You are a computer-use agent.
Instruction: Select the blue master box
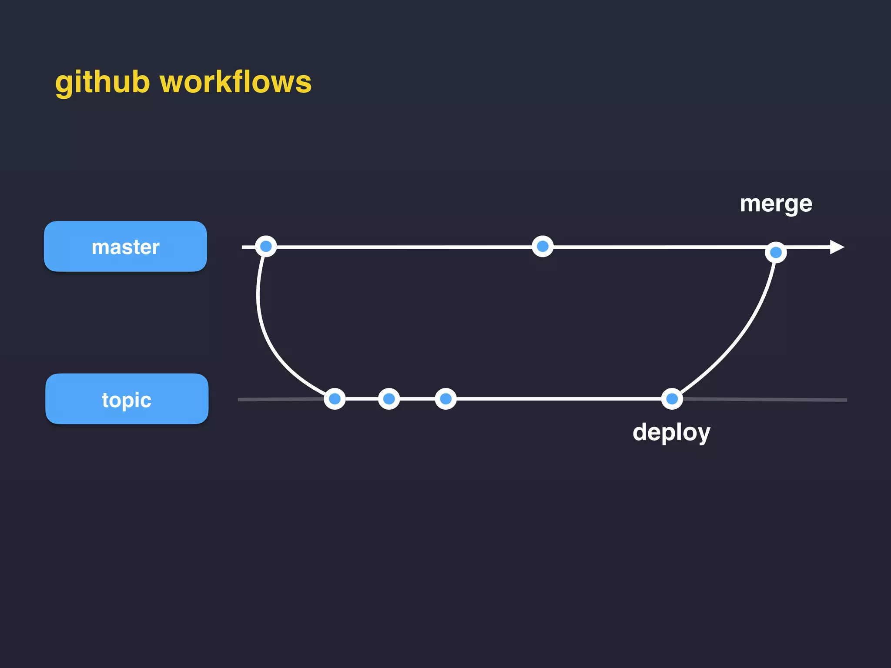tap(125, 247)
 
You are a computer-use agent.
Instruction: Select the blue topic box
tap(127, 399)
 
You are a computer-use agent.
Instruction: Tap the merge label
tap(776, 204)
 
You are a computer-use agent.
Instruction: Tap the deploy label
tap(671, 432)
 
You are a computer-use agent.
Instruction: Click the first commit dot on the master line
tap(266, 247)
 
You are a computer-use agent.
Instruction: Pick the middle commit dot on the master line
tap(543, 247)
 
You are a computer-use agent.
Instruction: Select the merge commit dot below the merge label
tap(776, 252)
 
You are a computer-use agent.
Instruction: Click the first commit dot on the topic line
tap(335, 399)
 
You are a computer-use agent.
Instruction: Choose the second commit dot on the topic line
tap(389, 399)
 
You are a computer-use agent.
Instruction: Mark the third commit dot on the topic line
tap(445, 399)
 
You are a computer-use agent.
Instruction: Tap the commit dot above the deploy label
tap(672, 399)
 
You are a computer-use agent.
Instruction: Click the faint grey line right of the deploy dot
tap(766, 399)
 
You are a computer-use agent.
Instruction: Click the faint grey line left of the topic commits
tap(278, 399)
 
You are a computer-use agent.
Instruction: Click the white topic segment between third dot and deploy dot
tap(557, 399)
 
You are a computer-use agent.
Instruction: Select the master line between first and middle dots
tap(405, 247)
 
